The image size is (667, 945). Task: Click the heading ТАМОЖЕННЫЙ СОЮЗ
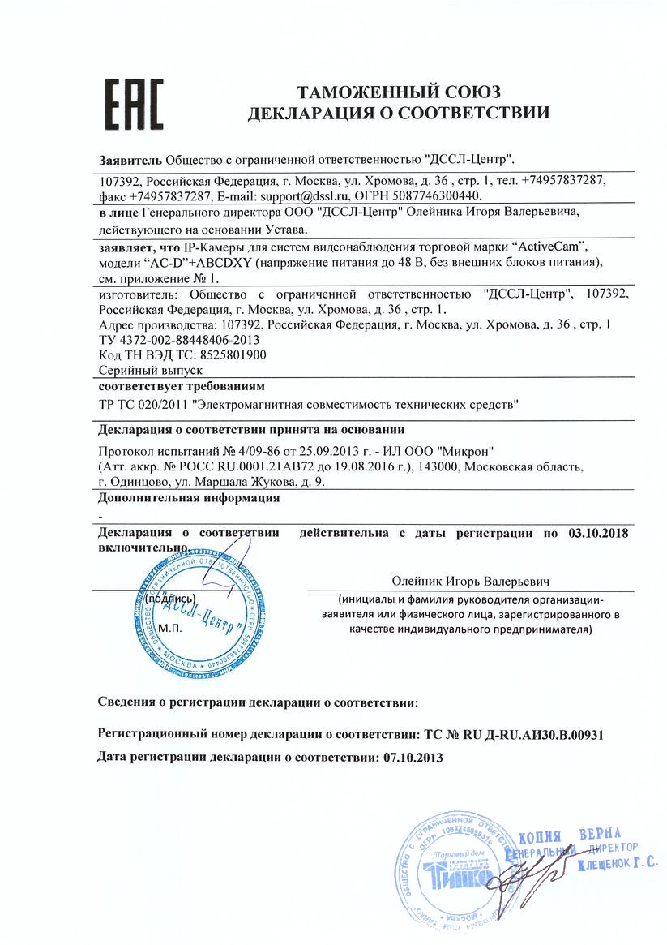398,90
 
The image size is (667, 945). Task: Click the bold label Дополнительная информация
189,498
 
